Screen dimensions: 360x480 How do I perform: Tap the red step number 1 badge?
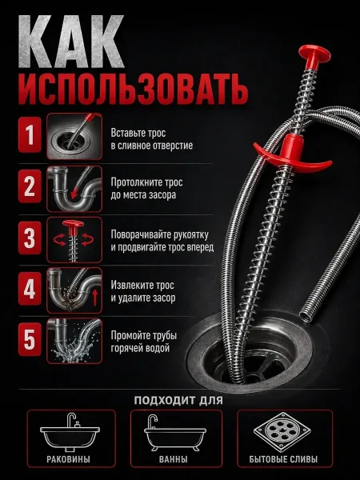click(30, 135)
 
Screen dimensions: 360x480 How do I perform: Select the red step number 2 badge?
click(30, 186)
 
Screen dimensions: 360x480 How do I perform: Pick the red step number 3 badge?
click(30, 238)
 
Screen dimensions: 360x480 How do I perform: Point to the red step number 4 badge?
click(30, 289)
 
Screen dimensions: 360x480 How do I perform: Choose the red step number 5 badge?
click(30, 339)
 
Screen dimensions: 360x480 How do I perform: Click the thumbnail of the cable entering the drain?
click(74, 136)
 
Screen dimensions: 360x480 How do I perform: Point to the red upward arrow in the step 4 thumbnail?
click(95, 298)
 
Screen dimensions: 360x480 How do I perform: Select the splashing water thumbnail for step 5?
click(74, 341)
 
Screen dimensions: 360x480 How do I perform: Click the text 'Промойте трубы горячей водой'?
click(144, 342)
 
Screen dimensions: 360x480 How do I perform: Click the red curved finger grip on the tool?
click(291, 154)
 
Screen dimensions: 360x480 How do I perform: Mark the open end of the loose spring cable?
click(306, 316)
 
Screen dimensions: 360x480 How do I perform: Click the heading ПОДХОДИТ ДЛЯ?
click(178, 401)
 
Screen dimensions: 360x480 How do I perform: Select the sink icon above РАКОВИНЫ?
click(70, 432)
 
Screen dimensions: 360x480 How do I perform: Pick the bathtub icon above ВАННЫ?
click(175, 433)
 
